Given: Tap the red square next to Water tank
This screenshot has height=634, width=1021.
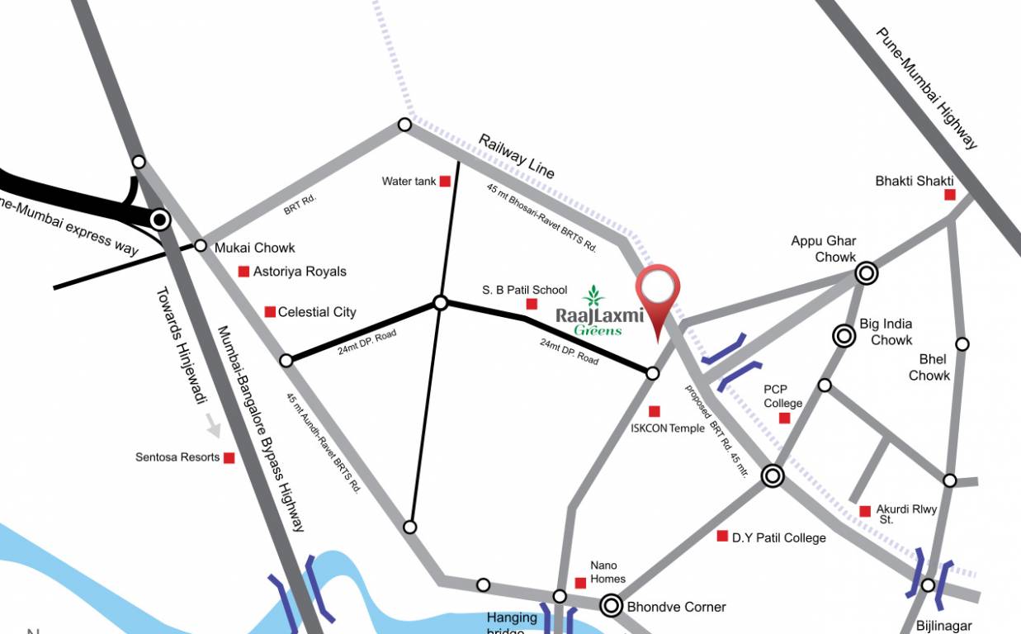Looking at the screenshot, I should pos(445,181).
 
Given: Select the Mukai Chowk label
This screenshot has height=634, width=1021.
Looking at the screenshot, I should pos(254,248).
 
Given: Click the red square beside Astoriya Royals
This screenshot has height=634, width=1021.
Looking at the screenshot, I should pos(243,271).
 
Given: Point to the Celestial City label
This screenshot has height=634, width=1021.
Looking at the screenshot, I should pos(317,312).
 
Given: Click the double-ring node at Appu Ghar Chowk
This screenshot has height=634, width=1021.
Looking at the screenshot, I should pos(866,272).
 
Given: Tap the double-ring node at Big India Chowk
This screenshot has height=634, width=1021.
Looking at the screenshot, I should pos(844,335).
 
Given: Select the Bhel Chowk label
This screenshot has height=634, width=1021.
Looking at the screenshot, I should pos(929,367).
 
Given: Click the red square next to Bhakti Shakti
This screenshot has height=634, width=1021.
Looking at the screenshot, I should pos(950,195).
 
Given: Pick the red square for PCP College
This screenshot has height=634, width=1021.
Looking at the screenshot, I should pos(784,419).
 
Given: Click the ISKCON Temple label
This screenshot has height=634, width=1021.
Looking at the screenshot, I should pos(668,428).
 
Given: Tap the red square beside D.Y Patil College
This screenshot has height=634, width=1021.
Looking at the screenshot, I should pos(722,536).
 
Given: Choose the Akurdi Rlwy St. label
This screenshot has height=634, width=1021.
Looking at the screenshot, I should pos(906,514).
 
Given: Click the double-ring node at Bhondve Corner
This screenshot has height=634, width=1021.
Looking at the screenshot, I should pos(612,606).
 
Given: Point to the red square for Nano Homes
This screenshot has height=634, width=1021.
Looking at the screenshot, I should pos(580,583).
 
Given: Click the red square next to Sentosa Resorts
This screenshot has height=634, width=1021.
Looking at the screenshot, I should pos(229,457).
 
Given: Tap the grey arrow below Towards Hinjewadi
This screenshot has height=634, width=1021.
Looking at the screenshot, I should pos(214,427).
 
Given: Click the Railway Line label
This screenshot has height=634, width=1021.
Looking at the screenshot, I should pos(517,156).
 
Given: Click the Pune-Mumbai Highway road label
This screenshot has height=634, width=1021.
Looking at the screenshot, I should pos(927,88).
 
